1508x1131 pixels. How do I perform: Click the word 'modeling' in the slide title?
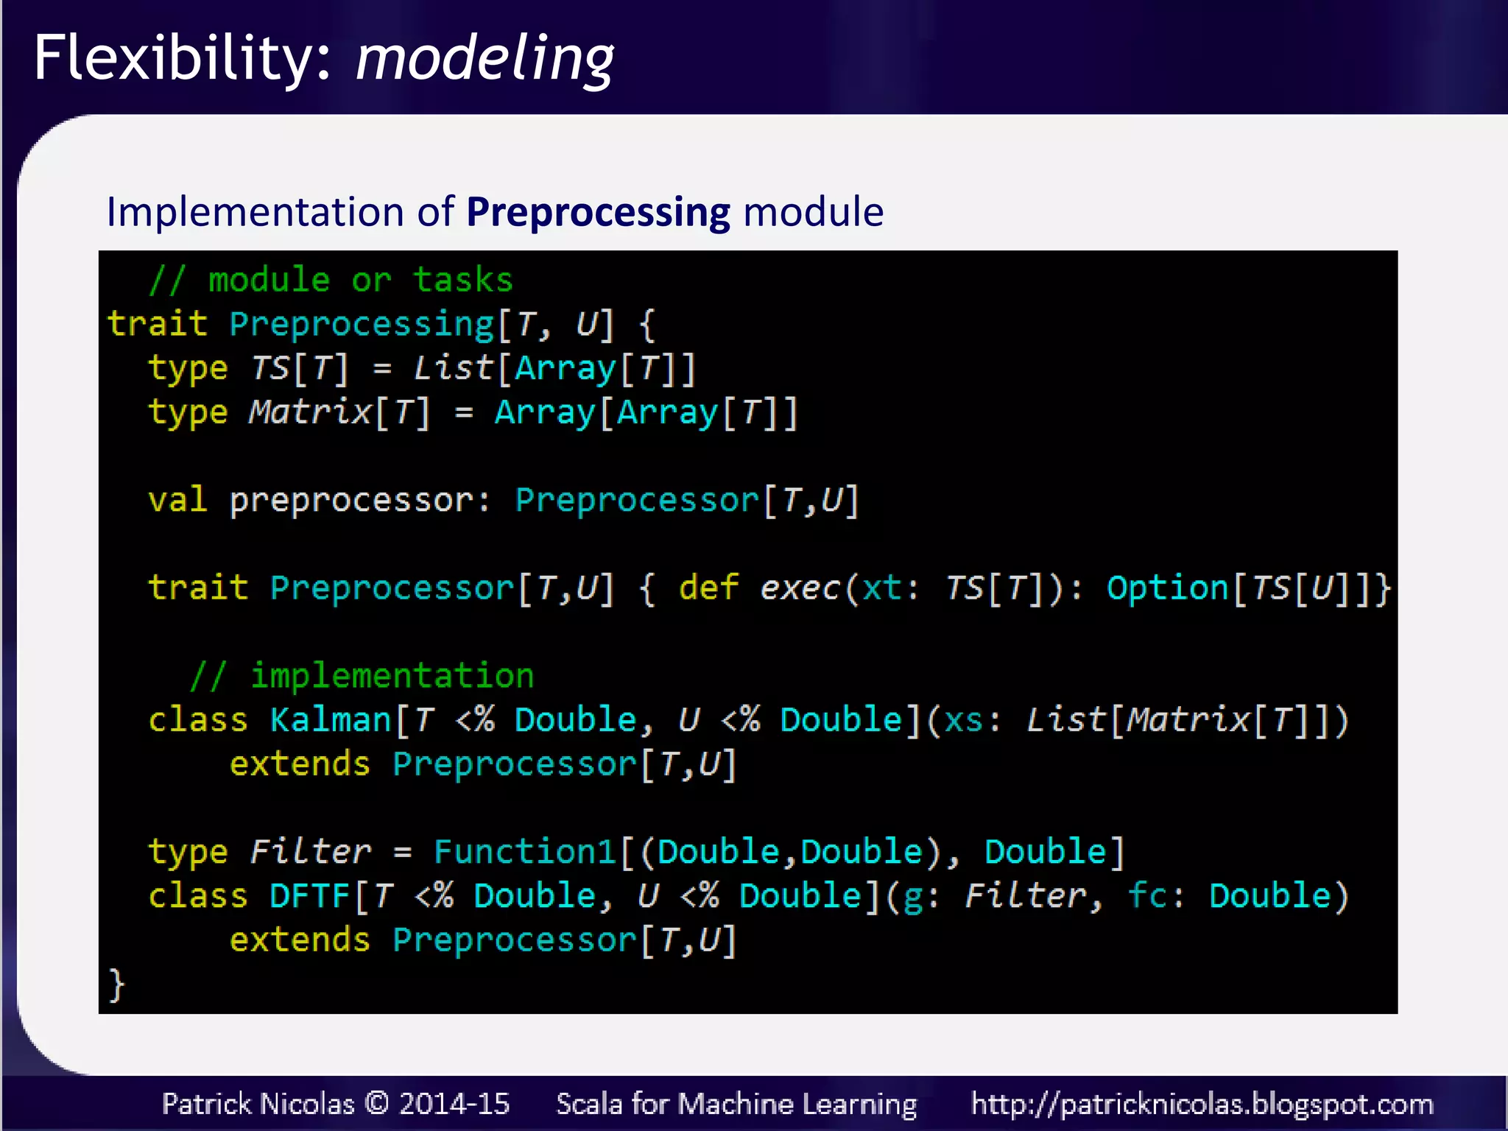485,59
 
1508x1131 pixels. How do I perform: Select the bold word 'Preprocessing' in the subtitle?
598,213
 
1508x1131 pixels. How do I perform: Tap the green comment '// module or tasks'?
331,280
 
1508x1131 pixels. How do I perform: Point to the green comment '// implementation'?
362,676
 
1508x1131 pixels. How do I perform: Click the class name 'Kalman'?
330,720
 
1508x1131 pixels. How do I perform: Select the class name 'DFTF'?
309,896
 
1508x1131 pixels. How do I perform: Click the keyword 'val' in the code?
177,500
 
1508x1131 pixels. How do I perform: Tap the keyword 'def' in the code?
708,588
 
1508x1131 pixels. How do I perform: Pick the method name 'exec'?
800,588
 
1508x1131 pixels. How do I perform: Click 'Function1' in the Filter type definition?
524,852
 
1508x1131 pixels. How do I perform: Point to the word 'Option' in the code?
1167,588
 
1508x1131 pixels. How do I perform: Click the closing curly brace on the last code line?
116,984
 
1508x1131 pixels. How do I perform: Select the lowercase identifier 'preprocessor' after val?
350,501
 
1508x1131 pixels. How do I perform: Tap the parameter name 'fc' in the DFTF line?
1147,896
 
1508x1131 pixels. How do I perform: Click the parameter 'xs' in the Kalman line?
963,720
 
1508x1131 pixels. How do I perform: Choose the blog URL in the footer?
1202,1104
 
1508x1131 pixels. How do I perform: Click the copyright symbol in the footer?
377,1103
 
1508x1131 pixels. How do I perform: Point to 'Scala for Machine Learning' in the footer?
736,1104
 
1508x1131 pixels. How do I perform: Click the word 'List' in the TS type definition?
453,368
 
